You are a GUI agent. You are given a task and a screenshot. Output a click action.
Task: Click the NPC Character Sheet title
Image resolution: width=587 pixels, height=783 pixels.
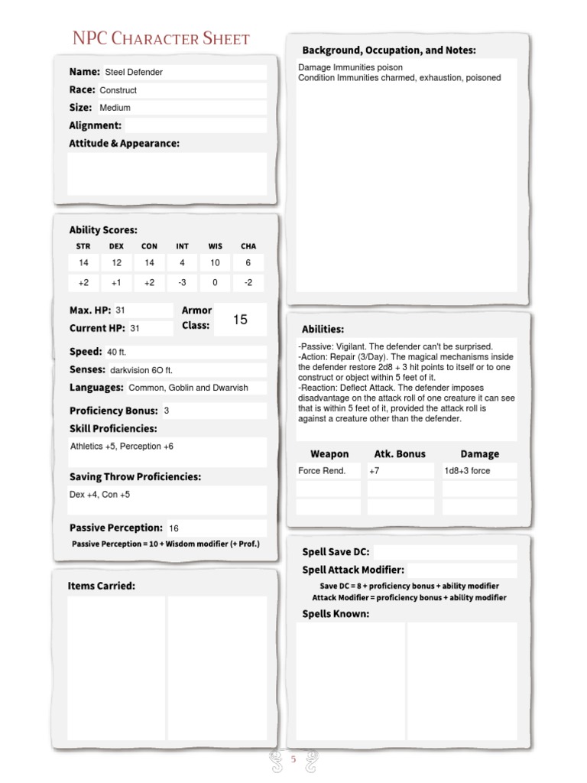pos(161,39)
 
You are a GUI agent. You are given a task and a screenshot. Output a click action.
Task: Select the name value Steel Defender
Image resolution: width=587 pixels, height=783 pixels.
pos(134,72)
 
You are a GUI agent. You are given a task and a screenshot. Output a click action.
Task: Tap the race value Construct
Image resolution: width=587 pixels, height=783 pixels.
pos(118,90)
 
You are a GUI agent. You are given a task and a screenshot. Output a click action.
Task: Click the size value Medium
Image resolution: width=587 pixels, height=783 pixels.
pos(115,108)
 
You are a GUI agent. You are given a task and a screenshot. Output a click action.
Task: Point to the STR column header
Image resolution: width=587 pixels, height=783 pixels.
pos(83,246)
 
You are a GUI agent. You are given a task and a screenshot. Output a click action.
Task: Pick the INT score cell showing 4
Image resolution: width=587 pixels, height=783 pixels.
pos(182,263)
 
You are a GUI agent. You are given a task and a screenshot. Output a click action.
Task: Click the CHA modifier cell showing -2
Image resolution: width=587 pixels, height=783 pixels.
pos(248,282)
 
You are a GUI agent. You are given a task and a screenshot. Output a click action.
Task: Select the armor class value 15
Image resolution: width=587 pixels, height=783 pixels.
pos(240,320)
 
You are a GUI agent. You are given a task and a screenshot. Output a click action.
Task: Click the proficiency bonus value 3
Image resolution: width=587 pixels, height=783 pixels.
pos(167,411)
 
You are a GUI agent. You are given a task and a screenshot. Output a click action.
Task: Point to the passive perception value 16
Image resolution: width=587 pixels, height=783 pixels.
pos(174,528)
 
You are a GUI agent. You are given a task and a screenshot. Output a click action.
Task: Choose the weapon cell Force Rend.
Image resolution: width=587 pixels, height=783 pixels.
pos(322,471)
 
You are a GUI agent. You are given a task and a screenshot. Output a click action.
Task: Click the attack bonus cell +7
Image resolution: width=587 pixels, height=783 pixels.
pos(374,471)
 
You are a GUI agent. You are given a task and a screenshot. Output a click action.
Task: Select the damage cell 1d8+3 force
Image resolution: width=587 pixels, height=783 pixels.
pos(467,471)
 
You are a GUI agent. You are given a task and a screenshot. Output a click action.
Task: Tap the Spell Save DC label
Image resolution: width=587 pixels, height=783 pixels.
pos(336,552)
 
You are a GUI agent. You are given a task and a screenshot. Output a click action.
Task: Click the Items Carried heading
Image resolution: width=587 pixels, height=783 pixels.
pos(102,586)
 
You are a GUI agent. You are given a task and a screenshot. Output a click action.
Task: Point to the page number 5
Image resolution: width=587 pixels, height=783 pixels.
pos(293,759)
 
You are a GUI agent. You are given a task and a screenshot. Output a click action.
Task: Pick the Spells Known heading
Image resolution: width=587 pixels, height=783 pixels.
pos(336,613)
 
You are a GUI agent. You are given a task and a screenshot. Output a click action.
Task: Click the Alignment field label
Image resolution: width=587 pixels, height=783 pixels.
pos(96,125)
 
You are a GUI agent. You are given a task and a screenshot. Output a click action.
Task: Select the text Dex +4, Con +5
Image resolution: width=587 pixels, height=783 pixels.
pos(100,495)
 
